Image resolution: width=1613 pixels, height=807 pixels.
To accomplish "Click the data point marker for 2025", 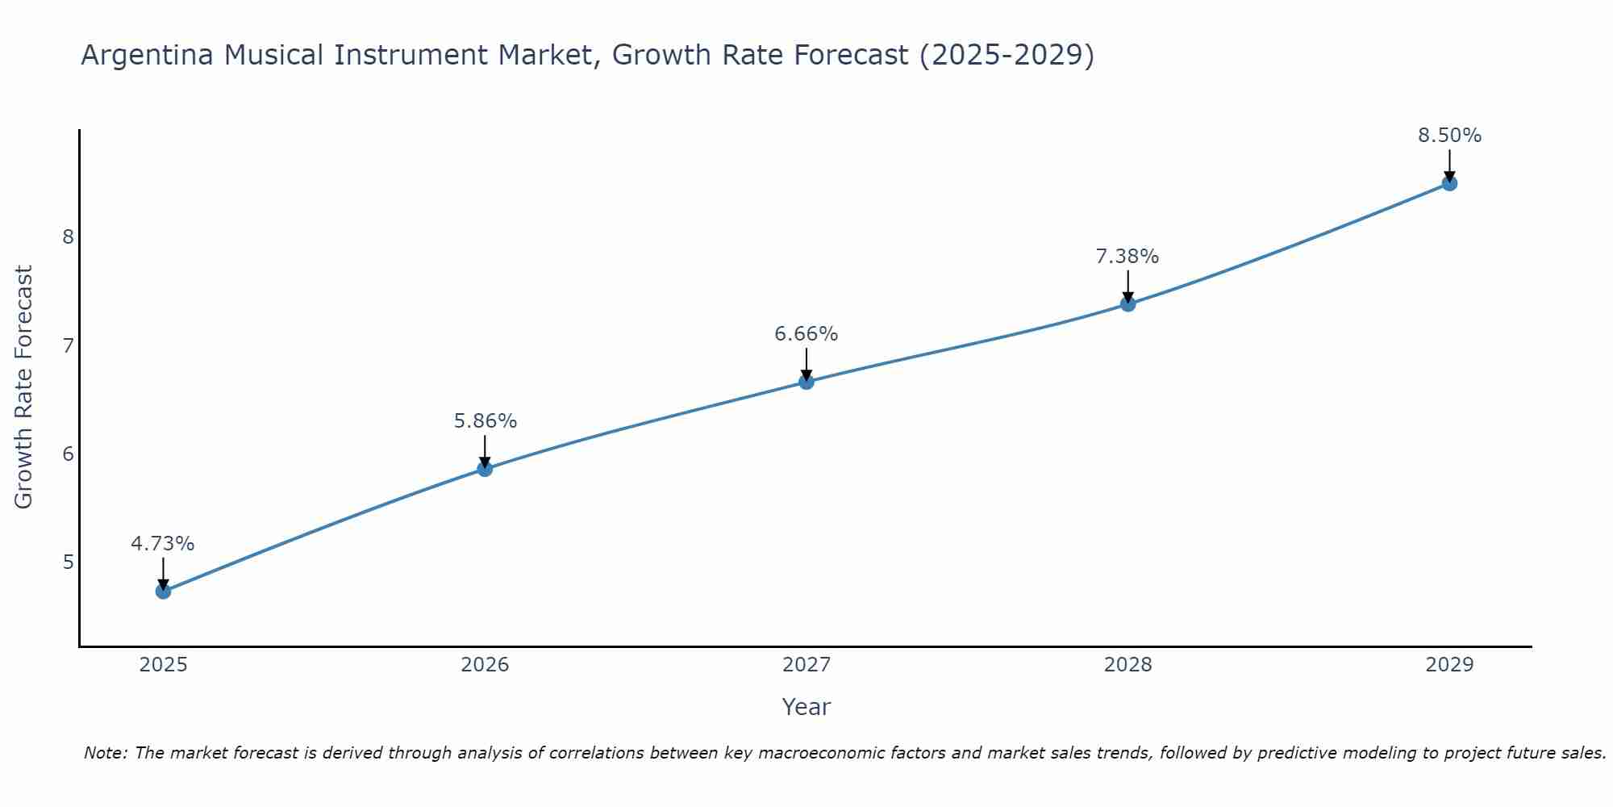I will click(x=163, y=592).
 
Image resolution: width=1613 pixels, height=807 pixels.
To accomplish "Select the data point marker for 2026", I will click(x=485, y=469).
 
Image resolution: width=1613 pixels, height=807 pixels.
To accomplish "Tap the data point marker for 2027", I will click(x=806, y=382).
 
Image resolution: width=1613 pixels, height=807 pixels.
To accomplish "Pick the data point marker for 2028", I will click(x=1128, y=304).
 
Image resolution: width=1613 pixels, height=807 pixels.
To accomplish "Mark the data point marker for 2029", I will click(x=1449, y=183).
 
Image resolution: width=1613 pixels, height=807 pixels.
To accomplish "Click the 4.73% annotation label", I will click(x=163, y=544).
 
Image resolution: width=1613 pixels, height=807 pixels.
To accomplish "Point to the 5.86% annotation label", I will click(x=485, y=421).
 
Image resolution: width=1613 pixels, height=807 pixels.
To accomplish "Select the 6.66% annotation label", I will click(x=806, y=334).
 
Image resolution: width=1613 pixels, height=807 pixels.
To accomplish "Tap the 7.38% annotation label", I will click(x=1127, y=257).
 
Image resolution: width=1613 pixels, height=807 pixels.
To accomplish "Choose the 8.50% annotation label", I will click(x=1449, y=136).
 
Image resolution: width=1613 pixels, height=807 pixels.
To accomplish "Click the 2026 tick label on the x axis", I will click(x=485, y=665).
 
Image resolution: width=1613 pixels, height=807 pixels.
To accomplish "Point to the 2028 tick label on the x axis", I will click(x=1128, y=665).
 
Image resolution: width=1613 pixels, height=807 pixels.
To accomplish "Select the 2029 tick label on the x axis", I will click(x=1449, y=665).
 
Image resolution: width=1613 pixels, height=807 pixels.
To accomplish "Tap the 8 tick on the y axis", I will click(x=68, y=237).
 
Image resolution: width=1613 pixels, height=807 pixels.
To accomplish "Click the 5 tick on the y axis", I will click(x=68, y=562).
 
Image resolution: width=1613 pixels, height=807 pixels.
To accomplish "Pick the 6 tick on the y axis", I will click(x=68, y=454).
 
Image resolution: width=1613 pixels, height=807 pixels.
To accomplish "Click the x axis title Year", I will click(x=806, y=707).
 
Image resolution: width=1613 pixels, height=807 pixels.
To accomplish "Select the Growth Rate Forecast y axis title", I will click(x=24, y=387).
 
